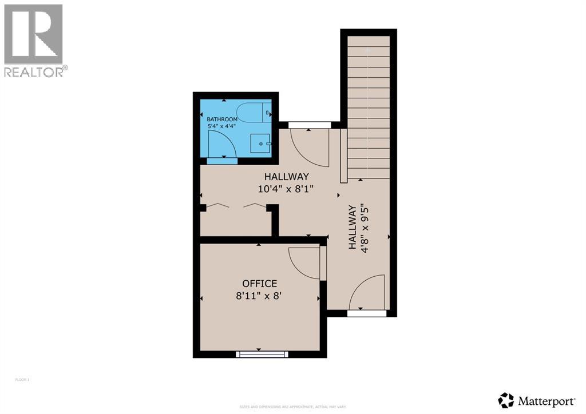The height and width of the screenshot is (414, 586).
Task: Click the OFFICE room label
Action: (259, 284)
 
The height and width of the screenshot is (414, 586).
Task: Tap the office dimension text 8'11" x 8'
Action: (259, 296)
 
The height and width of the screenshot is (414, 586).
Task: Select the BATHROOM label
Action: (222, 120)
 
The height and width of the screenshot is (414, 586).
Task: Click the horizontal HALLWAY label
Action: (286, 176)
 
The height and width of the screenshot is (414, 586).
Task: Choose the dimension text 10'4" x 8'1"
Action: (286, 188)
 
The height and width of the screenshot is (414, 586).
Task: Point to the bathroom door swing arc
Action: (221, 144)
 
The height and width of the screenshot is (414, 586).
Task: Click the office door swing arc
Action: (304, 262)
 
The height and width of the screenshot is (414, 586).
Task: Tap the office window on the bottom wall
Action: (262, 355)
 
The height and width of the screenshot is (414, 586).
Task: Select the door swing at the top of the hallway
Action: (309, 146)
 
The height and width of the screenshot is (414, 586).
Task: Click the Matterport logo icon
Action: (506, 400)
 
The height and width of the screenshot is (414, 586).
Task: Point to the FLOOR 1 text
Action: (22, 379)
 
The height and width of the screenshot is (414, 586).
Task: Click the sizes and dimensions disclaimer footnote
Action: (292, 407)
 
